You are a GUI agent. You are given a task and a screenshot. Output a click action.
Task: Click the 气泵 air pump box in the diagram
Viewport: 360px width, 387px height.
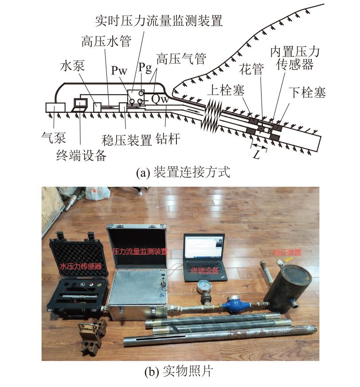tap(55, 108)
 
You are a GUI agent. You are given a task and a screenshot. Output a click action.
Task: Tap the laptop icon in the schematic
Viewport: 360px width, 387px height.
tap(80, 105)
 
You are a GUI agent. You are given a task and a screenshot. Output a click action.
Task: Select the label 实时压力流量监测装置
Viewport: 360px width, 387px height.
tap(159, 20)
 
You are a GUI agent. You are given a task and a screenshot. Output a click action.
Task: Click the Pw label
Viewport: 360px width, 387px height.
tap(119, 70)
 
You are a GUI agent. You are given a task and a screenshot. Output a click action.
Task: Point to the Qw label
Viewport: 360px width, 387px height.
tap(160, 99)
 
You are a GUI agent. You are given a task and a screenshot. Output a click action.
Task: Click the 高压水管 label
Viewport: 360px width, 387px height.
tap(106, 41)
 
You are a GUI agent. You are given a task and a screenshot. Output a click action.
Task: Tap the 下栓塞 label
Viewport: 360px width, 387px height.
tap(307, 92)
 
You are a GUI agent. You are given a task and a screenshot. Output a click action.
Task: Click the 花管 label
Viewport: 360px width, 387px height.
tap(251, 69)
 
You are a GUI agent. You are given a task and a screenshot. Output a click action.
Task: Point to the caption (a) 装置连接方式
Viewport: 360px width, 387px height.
tap(183, 172)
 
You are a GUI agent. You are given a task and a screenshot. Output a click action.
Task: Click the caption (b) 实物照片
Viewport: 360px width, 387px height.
tap(179, 371)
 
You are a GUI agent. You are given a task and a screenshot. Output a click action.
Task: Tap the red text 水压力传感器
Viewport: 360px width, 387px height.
tap(81, 266)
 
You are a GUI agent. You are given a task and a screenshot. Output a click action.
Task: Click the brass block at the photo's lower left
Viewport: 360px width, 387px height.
tap(91, 337)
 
